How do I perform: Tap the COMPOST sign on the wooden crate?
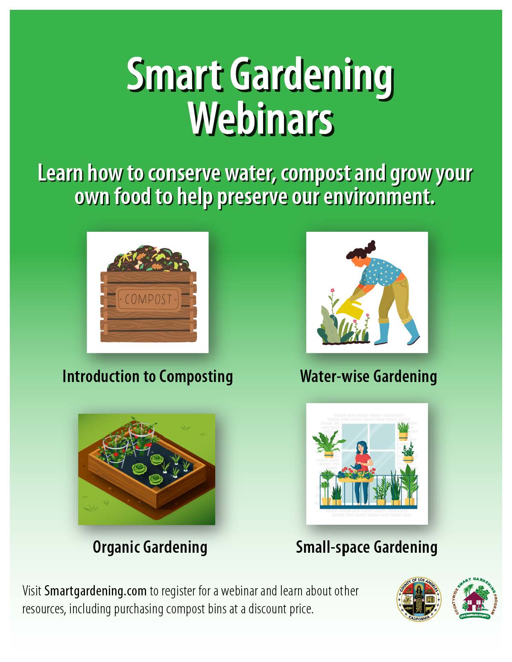point(149,299)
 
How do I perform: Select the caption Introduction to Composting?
point(147,376)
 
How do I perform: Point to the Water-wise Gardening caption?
point(368,376)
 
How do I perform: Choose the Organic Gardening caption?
point(150,547)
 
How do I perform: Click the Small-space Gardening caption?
point(367,547)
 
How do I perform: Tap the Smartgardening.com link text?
point(95,591)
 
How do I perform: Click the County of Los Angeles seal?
point(419,599)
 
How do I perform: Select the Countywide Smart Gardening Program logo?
point(475,599)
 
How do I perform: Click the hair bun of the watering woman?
point(371,246)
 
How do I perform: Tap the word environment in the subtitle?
point(379,197)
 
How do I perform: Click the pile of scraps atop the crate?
point(149,258)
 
